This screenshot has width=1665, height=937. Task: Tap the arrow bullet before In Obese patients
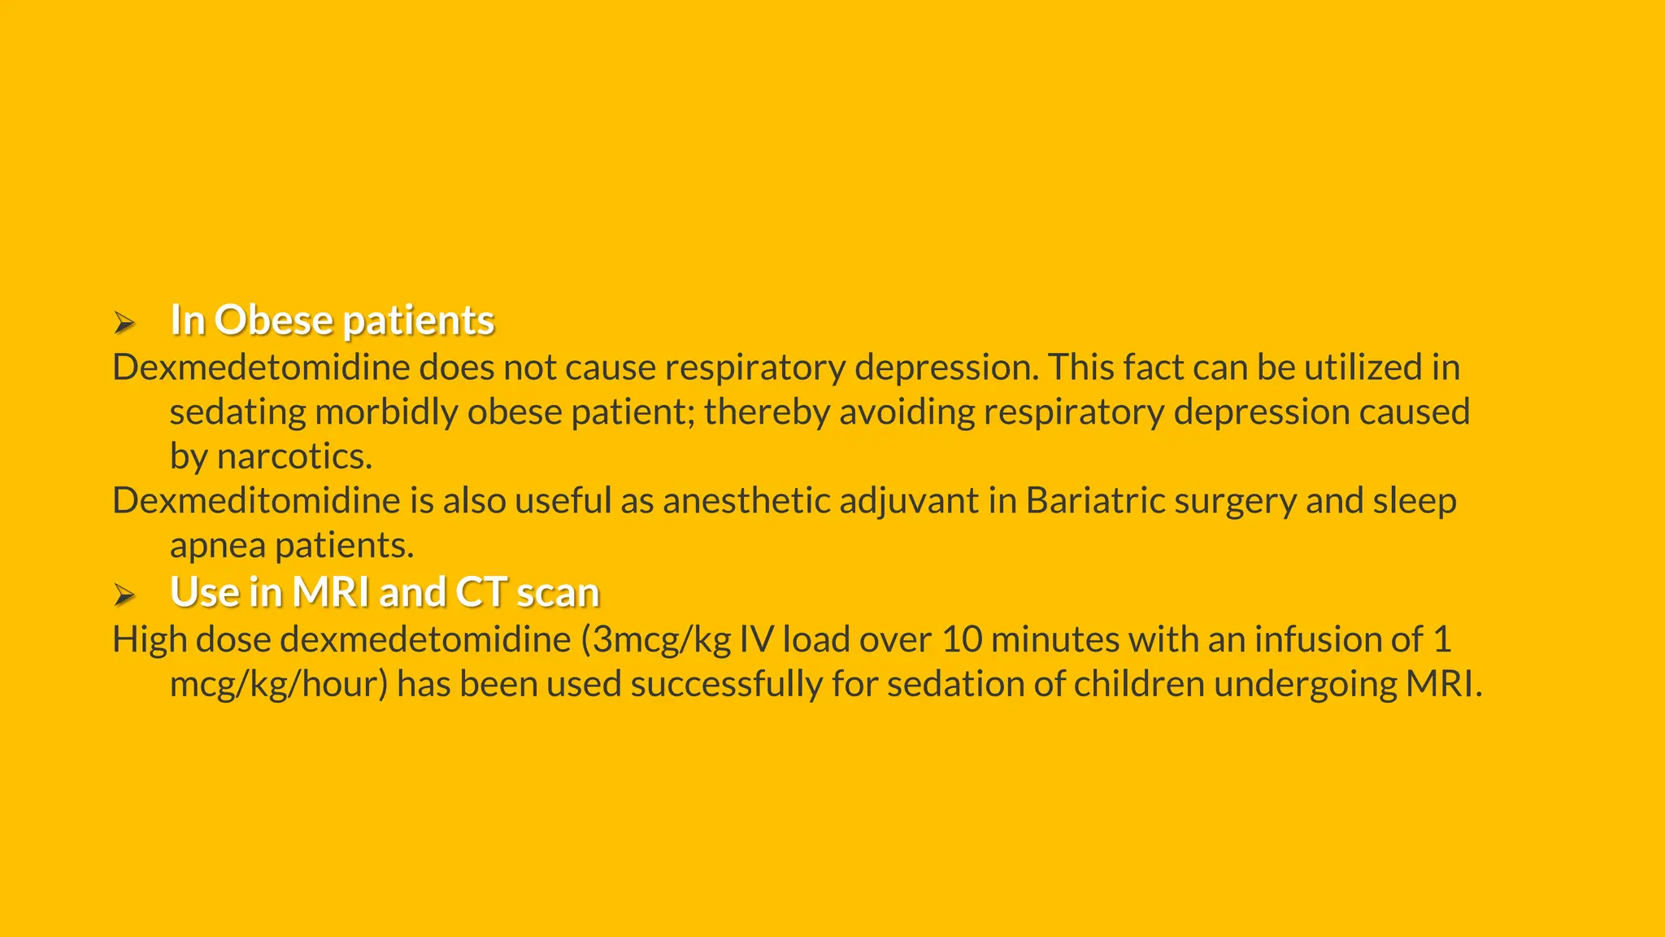(124, 323)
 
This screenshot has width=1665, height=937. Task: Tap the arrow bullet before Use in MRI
(124, 595)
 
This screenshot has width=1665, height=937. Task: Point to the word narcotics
(294, 456)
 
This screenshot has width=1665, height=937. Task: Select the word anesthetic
(746, 501)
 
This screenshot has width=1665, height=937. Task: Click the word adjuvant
(908, 501)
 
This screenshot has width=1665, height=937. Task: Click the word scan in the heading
(558, 592)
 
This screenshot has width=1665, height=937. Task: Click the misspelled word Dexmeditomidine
(256, 501)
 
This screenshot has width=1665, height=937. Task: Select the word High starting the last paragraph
(150, 640)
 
